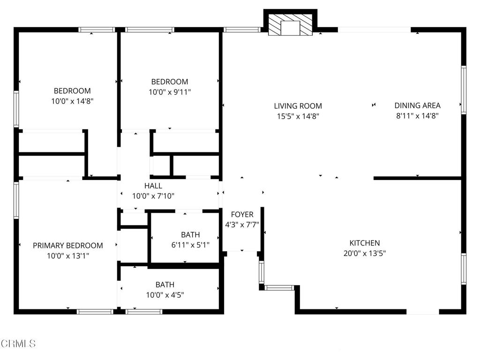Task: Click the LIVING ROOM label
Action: click(298, 106)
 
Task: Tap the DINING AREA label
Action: click(417, 105)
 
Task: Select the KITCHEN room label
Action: click(365, 243)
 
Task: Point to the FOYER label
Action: click(242, 214)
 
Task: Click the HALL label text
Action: click(153, 186)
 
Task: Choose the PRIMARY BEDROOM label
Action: click(67, 246)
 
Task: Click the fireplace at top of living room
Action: click(290, 25)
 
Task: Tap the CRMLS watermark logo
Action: click(18, 344)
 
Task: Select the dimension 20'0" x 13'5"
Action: click(365, 253)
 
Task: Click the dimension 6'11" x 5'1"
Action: click(190, 245)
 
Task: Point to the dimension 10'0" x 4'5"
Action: click(165, 295)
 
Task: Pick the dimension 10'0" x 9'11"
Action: click(170, 92)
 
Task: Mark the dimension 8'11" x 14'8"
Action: click(417, 115)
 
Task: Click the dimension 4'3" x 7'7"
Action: click(242, 225)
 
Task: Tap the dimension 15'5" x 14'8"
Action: click(298, 116)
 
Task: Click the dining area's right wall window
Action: click(464, 90)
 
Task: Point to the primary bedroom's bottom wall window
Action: click(95, 312)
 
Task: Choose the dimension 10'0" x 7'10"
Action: click(153, 196)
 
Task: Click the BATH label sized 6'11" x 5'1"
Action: click(190, 235)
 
